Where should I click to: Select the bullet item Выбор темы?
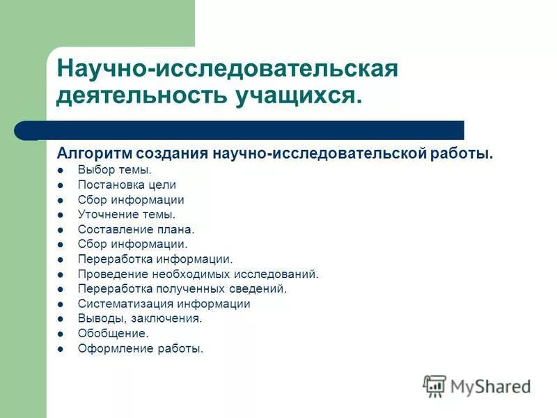[115, 169]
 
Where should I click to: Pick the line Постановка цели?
[127, 185]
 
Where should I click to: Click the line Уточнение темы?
[127, 215]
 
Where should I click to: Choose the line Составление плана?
[136, 229]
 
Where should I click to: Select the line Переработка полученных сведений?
[182, 288]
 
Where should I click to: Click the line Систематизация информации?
[164, 304]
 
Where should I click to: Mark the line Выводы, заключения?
[140, 318]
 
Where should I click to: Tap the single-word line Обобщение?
[113, 334]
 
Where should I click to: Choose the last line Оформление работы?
[141, 348]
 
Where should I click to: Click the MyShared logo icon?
[434, 386]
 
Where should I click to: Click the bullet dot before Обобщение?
[61, 334]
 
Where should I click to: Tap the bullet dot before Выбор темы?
[61, 170]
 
